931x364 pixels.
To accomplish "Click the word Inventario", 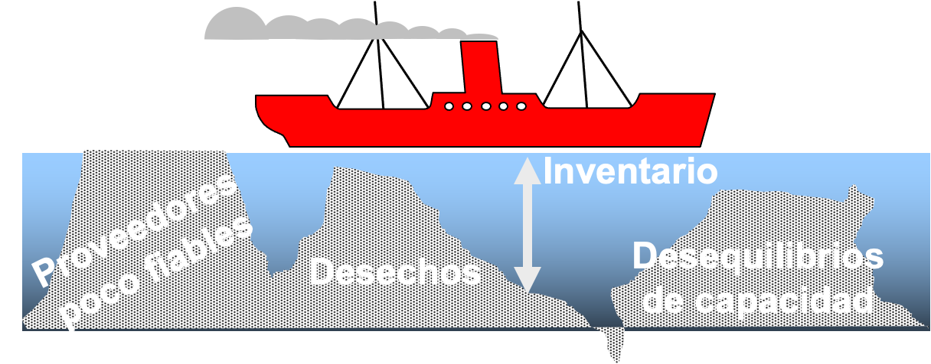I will [630, 171].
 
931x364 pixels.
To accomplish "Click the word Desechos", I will [397, 272].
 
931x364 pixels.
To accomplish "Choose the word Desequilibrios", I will [758, 257].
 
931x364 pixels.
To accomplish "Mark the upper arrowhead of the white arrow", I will [527, 170].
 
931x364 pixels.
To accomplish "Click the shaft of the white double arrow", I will [527, 226].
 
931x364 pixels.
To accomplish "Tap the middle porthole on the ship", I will [485, 106].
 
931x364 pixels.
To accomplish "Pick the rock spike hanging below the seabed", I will [613, 344].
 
